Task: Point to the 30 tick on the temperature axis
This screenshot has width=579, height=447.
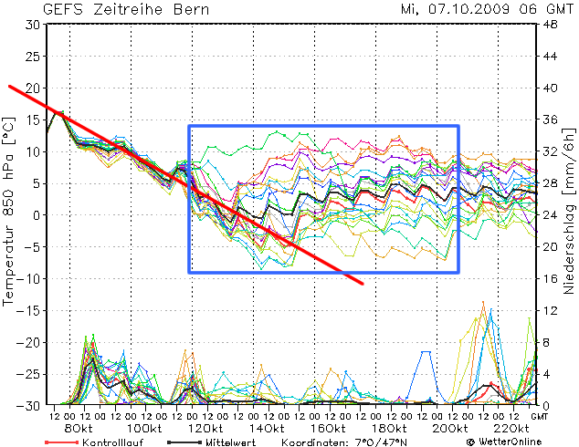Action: tap(32, 25)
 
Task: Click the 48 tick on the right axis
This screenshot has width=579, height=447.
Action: tap(551, 25)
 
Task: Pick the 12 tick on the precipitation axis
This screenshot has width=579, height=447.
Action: tap(551, 310)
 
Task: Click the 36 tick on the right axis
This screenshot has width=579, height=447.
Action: tap(551, 120)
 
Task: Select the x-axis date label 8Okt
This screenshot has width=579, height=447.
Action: tap(79, 428)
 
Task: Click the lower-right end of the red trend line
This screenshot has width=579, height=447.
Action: tap(363, 284)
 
